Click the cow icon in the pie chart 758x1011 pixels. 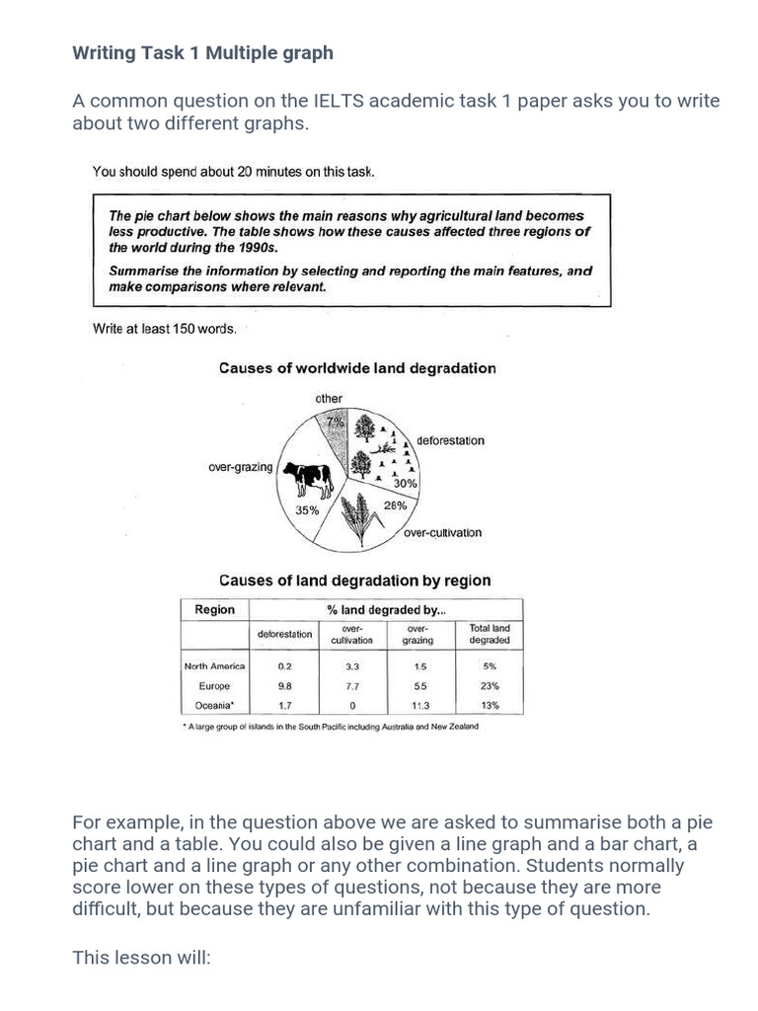308,478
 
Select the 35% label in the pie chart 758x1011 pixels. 307,510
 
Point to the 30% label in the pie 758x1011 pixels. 405,484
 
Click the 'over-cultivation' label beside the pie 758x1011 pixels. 442,533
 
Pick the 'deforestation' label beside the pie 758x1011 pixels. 450,440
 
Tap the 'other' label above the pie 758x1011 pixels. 329,399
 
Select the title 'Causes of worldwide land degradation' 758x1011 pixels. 356,368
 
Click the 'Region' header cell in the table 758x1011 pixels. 215,610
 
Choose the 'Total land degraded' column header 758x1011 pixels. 490,634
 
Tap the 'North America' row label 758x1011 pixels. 214,666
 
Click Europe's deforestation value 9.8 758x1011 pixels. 285,686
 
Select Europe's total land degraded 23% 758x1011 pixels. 490,686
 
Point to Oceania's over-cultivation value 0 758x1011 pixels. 351,706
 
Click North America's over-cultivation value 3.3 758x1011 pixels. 351,666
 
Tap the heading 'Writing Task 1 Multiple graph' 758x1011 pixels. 203,53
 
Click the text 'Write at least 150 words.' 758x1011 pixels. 164,329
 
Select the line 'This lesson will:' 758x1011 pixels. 142,958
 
